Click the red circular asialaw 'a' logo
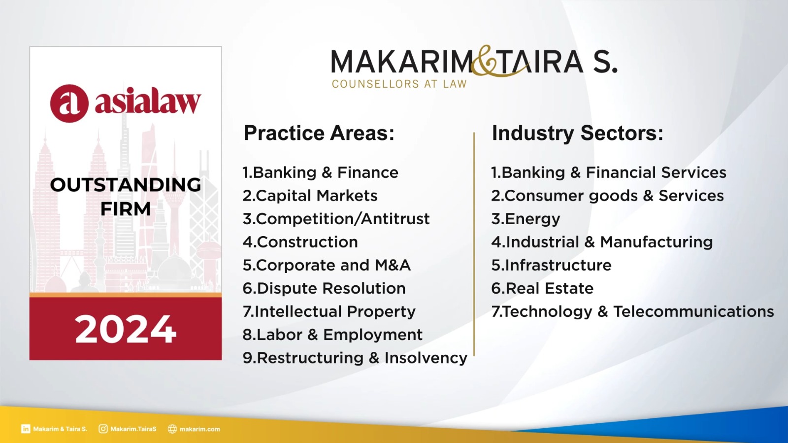pos(69,103)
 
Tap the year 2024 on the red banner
pos(125,329)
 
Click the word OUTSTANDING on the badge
pos(126,185)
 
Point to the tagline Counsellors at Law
pos(399,84)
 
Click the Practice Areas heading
pos(319,133)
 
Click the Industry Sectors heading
pos(578,133)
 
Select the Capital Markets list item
pos(310,196)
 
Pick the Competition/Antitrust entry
pos(336,219)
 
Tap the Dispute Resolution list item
pos(324,289)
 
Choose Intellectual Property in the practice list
pos(329,312)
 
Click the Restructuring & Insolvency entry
pos(355,358)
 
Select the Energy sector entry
pos(525,219)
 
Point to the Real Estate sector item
pos(542,289)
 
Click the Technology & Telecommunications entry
pos(632,312)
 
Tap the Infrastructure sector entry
pos(551,265)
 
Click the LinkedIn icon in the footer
pos(26,429)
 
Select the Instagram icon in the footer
pos(103,429)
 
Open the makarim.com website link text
pos(200,429)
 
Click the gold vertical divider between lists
pos(474,244)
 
